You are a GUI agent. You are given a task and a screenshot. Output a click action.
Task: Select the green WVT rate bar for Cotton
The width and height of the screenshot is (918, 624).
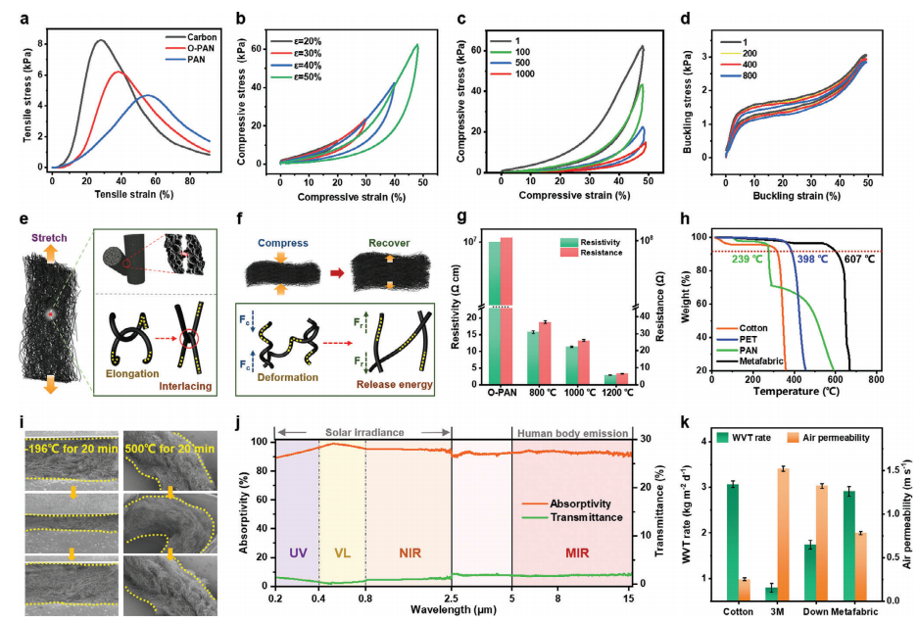click(732, 541)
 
